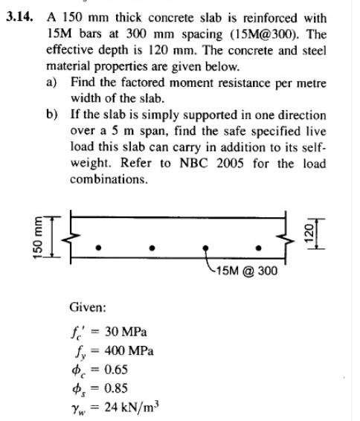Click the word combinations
tap(109, 180)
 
